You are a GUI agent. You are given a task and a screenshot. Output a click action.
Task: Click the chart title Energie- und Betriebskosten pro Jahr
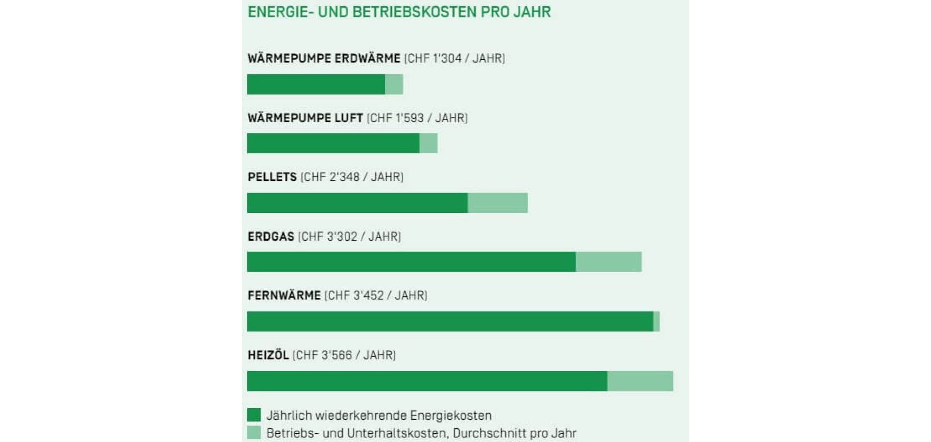[399, 12]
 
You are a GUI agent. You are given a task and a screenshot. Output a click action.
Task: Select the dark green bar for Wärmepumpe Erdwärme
[316, 84]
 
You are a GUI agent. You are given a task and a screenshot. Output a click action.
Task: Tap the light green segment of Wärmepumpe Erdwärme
[394, 84]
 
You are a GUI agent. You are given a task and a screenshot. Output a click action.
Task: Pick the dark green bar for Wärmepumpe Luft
[333, 144]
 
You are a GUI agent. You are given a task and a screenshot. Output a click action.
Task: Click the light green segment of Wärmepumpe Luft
[428, 144]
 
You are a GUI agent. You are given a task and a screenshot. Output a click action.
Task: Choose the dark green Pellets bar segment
[357, 203]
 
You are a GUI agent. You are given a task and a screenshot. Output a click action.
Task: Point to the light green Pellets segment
[498, 203]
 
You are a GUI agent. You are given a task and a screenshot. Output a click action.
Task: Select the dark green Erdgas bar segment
[411, 262]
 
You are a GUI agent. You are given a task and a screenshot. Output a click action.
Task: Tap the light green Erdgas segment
[609, 262]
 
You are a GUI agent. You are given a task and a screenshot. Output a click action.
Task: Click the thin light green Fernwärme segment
[657, 322]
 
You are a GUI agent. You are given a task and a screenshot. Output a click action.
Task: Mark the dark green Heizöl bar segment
[427, 381]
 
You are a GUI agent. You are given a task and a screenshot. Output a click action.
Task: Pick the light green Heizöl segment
[640, 381]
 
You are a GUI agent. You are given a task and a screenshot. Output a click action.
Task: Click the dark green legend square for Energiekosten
[254, 415]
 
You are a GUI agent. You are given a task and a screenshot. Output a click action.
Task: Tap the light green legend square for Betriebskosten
[254, 432]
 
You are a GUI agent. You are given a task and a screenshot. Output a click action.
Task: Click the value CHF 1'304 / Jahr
[454, 59]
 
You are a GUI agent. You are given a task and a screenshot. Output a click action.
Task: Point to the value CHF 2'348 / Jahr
[352, 177]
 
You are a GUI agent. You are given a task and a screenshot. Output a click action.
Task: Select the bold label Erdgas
[271, 237]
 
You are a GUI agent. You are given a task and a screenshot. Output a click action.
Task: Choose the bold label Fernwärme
[284, 295]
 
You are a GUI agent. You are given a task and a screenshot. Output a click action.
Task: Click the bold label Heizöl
[268, 355]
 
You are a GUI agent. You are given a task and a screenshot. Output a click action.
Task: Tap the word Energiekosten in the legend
[450, 416]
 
